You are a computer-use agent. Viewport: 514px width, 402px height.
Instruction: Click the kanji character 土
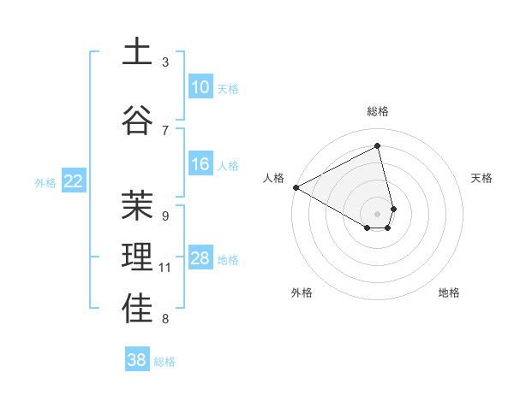[137, 52]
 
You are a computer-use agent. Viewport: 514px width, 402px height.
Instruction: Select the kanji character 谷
[137, 121]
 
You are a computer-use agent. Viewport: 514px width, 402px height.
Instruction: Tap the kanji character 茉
[137, 206]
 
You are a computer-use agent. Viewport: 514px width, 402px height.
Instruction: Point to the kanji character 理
[137, 258]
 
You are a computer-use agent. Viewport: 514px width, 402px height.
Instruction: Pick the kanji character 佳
[137, 310]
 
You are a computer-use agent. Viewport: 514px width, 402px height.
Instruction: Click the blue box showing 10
[200, 87]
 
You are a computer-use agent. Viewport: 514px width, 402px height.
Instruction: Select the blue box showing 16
[200, 164]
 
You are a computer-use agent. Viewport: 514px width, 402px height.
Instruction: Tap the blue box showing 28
[200, 258]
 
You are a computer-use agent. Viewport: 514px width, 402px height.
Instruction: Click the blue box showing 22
[74, 180]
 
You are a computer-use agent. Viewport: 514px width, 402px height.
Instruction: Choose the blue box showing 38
[136, 360]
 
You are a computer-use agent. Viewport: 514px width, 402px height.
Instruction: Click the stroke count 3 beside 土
[165, 62]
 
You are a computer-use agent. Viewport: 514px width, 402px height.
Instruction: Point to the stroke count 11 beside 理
[165, 269]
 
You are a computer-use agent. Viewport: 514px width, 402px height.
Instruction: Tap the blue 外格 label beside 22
[45, 182]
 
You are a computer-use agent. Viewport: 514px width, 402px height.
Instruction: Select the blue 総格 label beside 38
[164, 362]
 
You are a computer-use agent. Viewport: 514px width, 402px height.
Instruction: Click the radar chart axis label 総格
[377, 111]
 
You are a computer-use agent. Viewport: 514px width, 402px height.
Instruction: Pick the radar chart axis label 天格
[482, 178]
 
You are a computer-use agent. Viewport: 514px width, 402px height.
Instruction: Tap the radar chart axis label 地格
[449, 293]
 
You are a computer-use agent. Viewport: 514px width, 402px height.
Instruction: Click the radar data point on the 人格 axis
[296, 186]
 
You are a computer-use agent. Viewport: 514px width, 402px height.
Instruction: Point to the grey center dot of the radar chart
[377, 212]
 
